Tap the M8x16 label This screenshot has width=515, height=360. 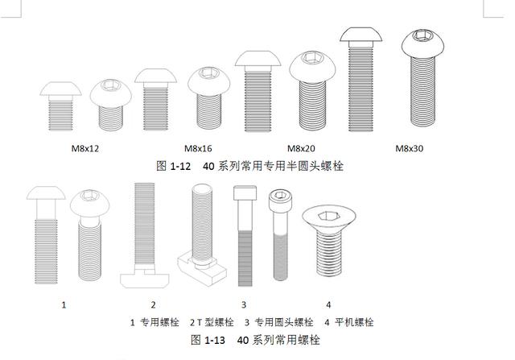point(198,148)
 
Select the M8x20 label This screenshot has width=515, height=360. point(302,148)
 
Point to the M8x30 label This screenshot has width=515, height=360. point(410,148)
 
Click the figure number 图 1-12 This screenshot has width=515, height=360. point(173,165)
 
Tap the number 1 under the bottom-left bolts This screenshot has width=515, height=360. point(64,304)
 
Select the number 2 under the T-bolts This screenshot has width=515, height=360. point(153,304)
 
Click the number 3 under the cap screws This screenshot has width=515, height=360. point(244,304)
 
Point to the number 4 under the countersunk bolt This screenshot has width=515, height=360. point(328,304)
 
